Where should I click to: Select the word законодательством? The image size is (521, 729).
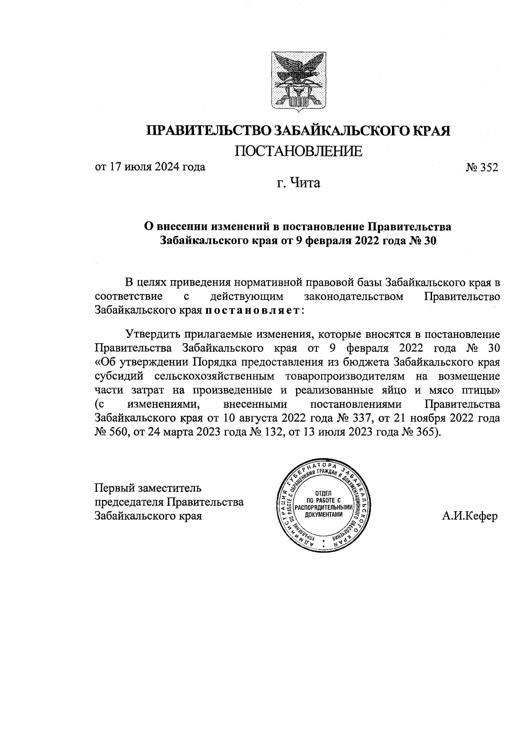coord(354,297)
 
